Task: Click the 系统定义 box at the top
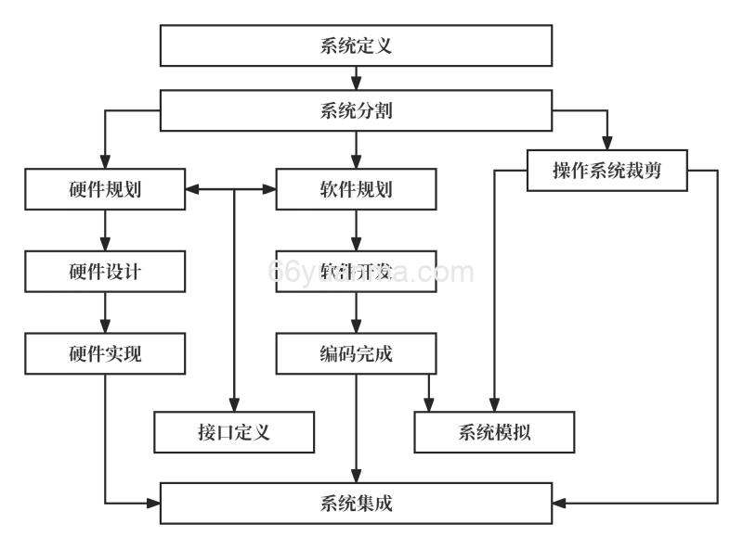click(x=356, y=45)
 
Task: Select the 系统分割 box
click(x=356, y=110)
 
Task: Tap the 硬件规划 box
click(x=105, y=190)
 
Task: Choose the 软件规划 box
click(x=356, y=190)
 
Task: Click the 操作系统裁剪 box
click(x=606, y=170)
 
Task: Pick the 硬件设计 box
click(x=105, y=271)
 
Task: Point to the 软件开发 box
click(x=356, y=271)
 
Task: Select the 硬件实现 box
click(x=105, y=352)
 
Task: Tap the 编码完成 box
click(x=356, y=352)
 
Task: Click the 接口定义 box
click(x=234, y=432)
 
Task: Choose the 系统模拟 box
click(x=494, y=432)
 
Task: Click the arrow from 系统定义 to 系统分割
click(x=356, y=78)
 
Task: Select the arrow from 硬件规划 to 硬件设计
click(x=105, y=230)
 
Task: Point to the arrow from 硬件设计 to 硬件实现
click(x=105, y=312)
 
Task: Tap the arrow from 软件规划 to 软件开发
click(x=356, y=230)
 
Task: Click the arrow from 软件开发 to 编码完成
click(x=356, y=312)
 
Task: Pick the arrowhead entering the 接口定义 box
click(x=234, y=403)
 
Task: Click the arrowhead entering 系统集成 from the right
click(x=560, y=504)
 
